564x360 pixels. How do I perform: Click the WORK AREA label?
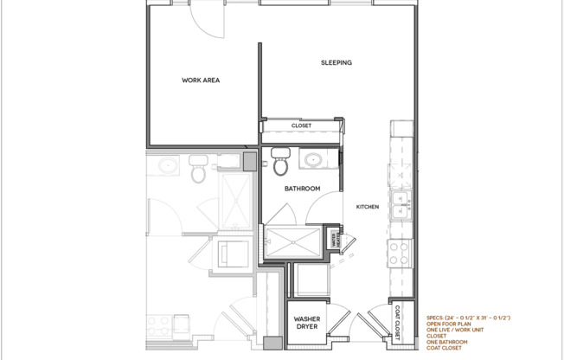200,80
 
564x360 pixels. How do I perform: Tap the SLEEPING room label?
336,62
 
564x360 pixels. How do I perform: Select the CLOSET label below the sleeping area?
301,125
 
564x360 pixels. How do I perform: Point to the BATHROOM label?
303,188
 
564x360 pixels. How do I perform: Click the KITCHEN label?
369,207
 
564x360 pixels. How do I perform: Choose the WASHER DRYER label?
307,323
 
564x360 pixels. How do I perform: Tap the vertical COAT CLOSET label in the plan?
398,323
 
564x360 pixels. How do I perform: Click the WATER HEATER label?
334,240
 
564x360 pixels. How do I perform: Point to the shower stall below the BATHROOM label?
292,239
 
